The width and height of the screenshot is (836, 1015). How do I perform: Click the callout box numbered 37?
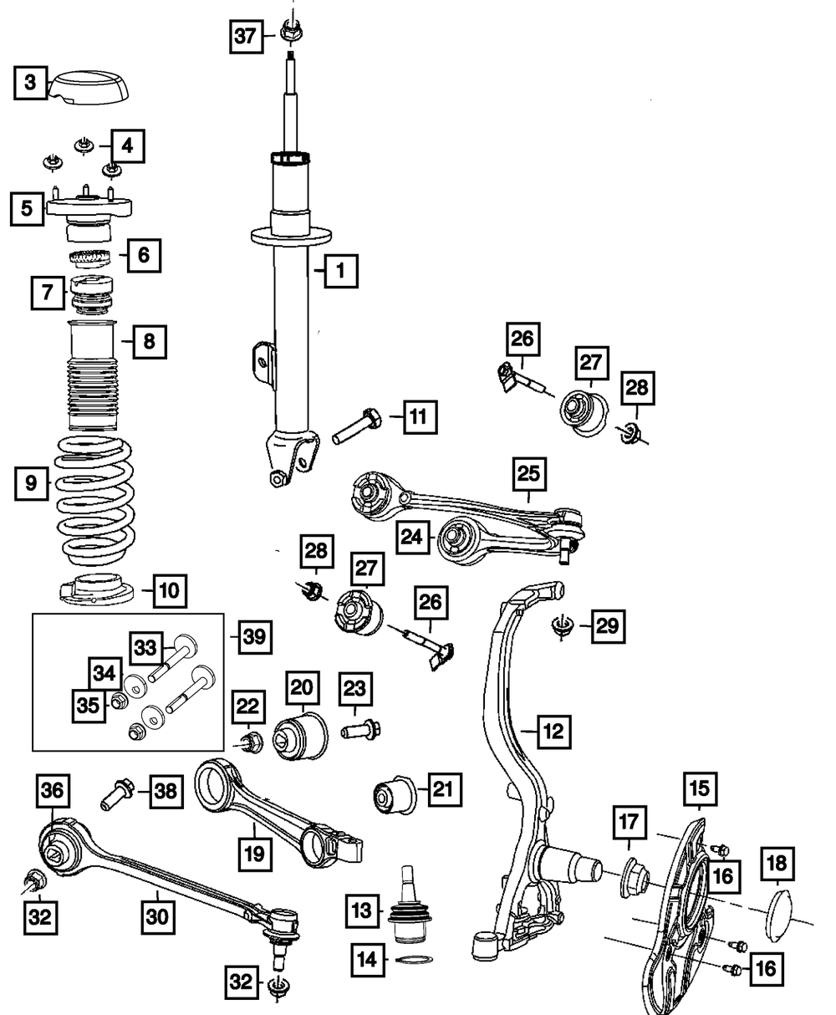[x=244, y=36]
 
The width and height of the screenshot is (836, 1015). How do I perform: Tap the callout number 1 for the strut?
[x=340, y=271]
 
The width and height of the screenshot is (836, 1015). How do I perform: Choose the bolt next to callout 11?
[x=360, y=426]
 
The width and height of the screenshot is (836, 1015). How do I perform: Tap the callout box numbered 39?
[x=254, y=637]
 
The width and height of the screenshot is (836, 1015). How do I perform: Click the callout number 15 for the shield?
[x=698, y=788]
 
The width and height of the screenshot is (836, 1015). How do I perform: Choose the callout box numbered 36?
[x=52, y=788]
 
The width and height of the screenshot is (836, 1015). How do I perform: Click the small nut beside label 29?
[x=562, y=625]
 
